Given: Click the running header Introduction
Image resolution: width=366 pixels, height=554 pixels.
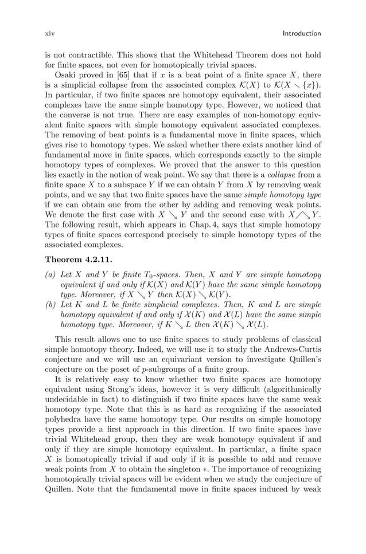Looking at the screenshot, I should pos(302,34).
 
